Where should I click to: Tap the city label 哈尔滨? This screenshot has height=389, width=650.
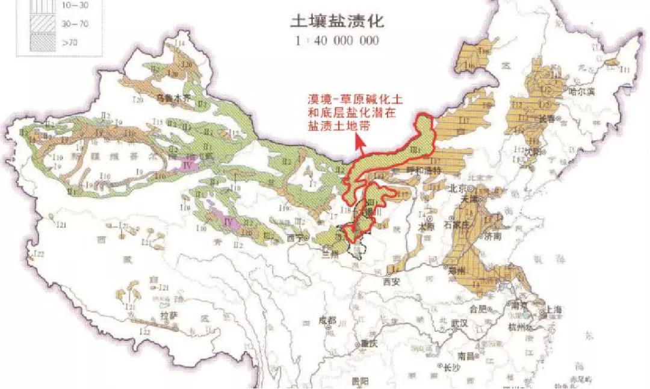[581, 91]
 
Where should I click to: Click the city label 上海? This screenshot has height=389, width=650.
[556, 310]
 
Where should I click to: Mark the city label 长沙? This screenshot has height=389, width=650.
[453, 367]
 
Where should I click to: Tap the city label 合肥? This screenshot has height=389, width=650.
[478, 309]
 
